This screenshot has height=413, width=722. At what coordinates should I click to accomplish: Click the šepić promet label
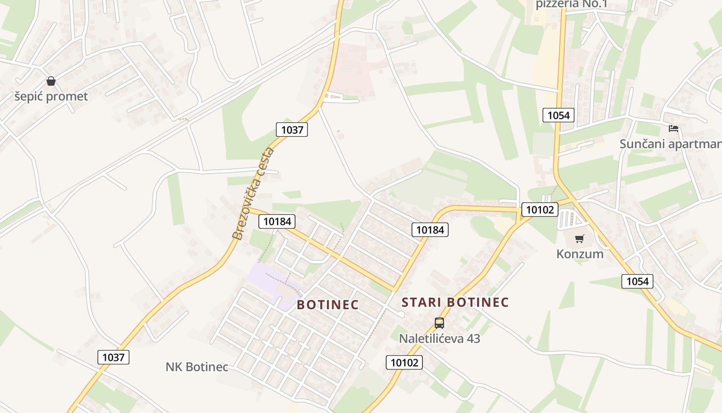click(51, 97)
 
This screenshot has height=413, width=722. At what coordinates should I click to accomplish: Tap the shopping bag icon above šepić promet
click(51, 81)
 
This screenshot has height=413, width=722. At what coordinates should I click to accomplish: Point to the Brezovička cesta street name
click(253, 194)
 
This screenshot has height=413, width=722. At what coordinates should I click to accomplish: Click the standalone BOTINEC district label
click(327, 305)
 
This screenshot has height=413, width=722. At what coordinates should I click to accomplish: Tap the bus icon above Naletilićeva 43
click(439, 323)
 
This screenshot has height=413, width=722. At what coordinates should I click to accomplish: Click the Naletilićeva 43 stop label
click(439, 339)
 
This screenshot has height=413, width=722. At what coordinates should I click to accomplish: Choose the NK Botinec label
click(196, 367)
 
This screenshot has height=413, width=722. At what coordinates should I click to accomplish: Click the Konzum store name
click(580, 254)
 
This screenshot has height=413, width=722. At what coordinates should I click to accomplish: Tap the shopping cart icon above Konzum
click(580, 239)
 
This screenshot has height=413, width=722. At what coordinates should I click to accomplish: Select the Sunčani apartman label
click(670, 144)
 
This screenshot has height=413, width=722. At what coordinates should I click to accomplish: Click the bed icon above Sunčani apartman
click(673, 129)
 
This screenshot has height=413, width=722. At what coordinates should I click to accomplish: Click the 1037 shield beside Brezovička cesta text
click(292, 130)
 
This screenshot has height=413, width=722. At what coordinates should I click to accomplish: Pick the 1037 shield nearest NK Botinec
click(113, 357)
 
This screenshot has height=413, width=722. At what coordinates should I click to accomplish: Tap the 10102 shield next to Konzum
click(540, 210)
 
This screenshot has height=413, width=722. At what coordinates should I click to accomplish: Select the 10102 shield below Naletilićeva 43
click(404, 362)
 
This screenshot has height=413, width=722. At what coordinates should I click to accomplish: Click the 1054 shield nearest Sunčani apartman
click(559, 115)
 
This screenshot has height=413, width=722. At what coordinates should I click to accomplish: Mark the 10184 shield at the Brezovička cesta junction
click(277, 221)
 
